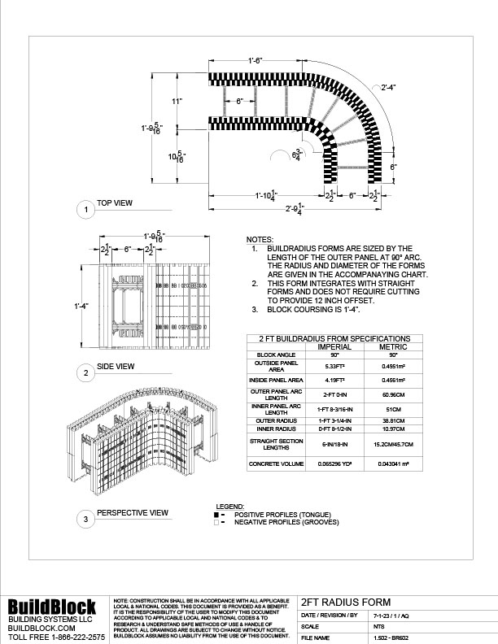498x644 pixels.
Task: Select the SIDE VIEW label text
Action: coord(115,368)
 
